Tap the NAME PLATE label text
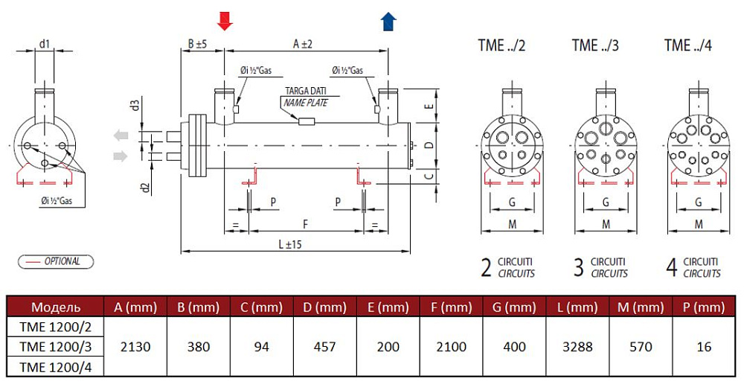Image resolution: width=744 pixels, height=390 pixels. pos(306,103)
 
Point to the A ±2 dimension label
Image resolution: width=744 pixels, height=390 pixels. pos(302,45)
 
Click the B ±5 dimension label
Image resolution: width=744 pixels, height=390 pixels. pos(197,45)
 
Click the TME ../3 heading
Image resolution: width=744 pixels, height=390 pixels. pos(595,46)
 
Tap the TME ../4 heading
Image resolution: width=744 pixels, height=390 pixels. pos(688,46)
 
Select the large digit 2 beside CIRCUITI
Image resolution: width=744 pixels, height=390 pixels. pos(486,268)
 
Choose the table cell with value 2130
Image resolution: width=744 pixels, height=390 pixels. pos(135,347)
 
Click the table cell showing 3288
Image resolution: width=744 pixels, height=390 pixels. pos(577,347)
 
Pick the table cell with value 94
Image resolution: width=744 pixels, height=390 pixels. pos(262,347)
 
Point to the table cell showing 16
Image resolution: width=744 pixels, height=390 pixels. pos(705,347)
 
